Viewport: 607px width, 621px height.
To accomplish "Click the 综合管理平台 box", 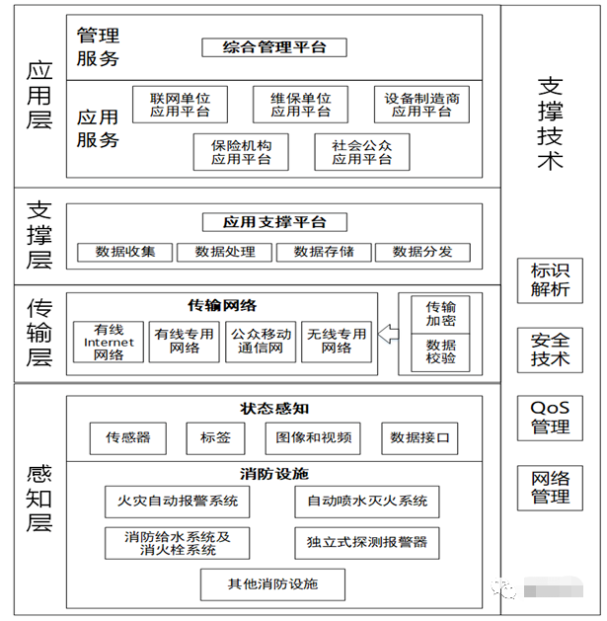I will (x=275, y=46).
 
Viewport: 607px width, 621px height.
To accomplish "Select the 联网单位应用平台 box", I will (x=180, y=104).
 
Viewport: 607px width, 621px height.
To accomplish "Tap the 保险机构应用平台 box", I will (x=241, y=151).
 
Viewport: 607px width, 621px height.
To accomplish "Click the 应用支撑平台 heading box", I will (x=274, y=222).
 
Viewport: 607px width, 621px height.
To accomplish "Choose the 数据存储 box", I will (x=324, y=252).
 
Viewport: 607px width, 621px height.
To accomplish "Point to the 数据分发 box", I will (x=422, y=252).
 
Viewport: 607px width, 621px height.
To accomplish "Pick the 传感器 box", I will (x=128, y=437).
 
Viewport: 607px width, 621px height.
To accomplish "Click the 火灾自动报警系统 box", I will (x=178, y=501).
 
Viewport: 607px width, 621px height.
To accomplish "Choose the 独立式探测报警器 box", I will (x=366, y=542).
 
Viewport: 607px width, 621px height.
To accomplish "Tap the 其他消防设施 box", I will (x=273, y=583).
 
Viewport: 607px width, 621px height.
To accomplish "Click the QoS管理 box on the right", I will (x=550, y=418).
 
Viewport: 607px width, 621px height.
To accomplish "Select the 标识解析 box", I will (x=550, y=280).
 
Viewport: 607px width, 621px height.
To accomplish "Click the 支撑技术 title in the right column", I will (x=550, y=123).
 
